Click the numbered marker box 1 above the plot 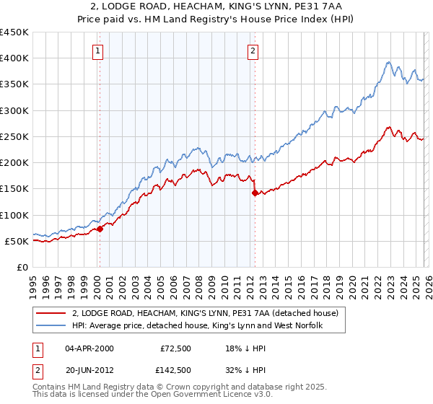coord(97,50)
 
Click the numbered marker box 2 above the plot coord(253,50)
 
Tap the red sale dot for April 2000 coord(100,229)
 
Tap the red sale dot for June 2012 coord(255,193)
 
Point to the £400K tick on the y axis coord(16,58)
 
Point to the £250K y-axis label coord(16,136)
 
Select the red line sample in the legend coord(51,313)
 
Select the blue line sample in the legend coord(51,326)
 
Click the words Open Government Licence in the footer coord(199,396)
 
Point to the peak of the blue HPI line coord(388,62)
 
